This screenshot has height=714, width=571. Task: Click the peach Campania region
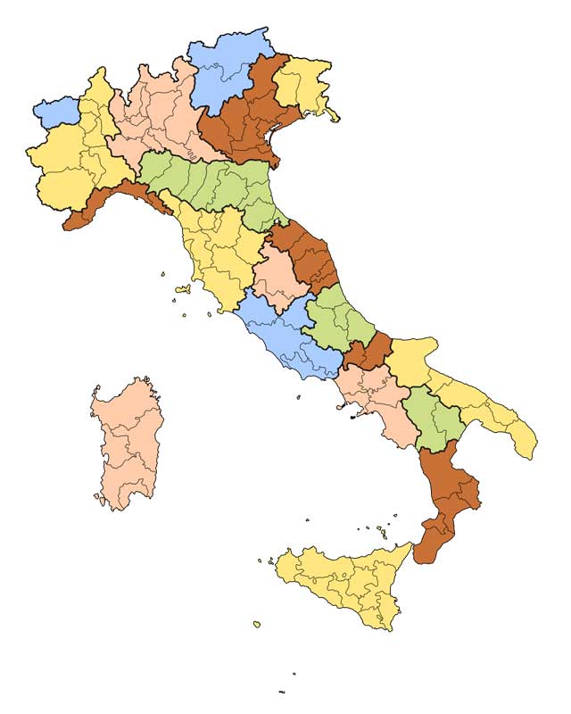379,397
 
